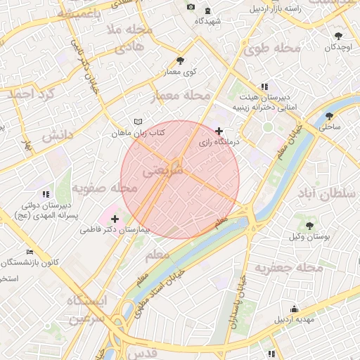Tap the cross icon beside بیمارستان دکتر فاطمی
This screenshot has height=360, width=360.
(115, 219)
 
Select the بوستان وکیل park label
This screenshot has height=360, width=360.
(309, 236)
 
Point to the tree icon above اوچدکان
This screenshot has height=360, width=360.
(339, 34)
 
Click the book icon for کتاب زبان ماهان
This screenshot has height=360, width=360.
(138, 122)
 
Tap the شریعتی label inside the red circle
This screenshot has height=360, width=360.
(162, 171)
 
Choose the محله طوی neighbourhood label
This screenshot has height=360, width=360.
(271, 49)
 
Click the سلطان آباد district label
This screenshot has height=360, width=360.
(329, 193)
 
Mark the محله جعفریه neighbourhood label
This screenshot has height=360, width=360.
(288, 268)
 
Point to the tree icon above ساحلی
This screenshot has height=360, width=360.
(330, 116)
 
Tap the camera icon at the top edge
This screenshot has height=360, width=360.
(191, 7)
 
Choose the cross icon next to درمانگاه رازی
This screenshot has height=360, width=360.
(219, 131)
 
